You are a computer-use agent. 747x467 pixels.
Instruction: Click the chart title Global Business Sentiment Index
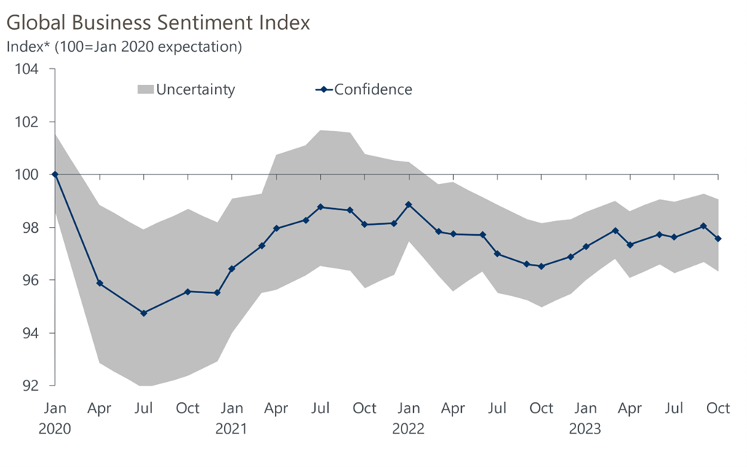[158, 23]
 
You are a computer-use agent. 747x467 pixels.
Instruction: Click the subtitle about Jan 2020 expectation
[124, 47]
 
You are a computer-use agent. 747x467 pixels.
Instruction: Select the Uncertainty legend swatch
[145, 89]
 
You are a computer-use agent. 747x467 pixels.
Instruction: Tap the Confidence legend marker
[324, 90]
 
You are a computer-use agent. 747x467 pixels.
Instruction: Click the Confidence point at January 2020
[55, 175]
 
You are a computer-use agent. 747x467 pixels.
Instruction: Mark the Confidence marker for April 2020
[99, 283]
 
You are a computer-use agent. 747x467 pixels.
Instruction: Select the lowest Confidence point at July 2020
[143, 313]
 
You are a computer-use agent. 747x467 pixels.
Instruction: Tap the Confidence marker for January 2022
[409, 204]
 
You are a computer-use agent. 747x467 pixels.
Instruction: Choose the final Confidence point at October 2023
[719, 239]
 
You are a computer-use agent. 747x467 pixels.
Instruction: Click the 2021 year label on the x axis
[231, 428]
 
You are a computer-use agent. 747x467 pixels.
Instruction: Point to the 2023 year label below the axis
[586, 428]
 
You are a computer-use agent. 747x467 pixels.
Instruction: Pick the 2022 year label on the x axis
[409, 428]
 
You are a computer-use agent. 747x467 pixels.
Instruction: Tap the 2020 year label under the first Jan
[55, 428]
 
